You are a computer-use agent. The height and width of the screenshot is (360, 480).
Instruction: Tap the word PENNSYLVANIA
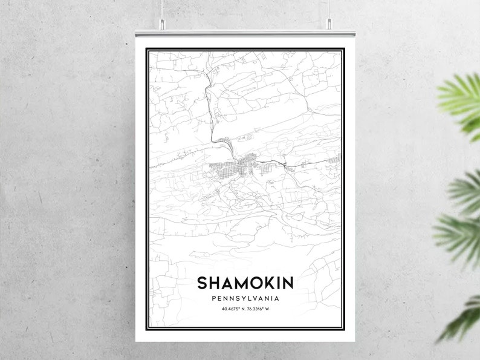coord(245,298)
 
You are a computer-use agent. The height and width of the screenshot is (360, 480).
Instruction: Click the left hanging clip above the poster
coord(162,24)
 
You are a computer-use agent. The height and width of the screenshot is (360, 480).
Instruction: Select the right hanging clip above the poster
coord(329,24)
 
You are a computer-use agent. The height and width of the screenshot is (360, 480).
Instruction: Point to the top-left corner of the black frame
coord(147,48)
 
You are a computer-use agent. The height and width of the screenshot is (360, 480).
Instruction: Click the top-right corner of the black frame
coord(344,48)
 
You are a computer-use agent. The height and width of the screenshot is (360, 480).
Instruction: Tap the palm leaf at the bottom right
coord(462,318)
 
